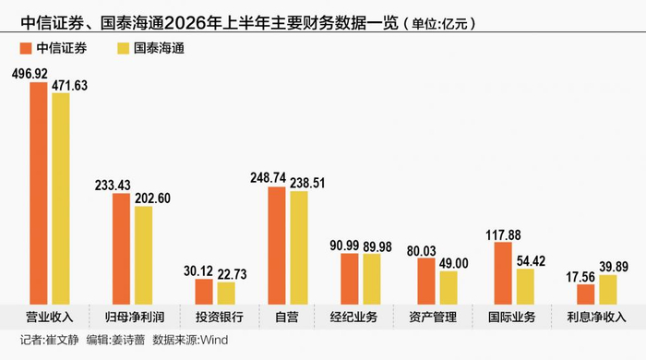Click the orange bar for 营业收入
click(39, 194)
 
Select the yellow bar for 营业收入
click(61, 199)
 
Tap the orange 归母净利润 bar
click(121, 249)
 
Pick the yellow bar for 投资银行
click(226, 294)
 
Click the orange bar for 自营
click(277, 246)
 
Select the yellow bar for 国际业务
click(525, 287)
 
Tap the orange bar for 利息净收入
click(586, 294)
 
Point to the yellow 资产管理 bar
click(449, 288)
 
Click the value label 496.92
click(30, 74)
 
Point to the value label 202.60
click(152, 198)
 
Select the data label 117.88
click(503, 235)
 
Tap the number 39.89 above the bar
click(614, 267)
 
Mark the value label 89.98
click(377, 246)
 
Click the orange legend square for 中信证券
click(26, 48)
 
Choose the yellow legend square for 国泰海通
click(124, 48)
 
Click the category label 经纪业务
click(353, 318)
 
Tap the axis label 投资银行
click(220, 318)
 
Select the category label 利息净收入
click(596, 318)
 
